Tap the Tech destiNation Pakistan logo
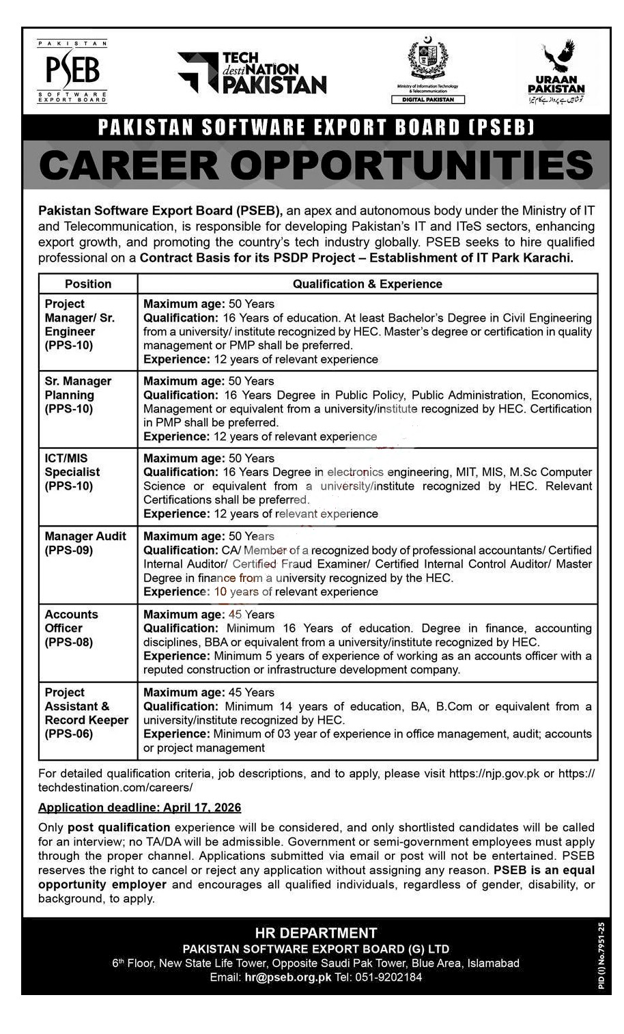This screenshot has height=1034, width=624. tap(252, 73)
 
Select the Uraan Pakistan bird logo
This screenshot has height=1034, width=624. tap(556, 70)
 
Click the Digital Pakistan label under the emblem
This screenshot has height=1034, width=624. tap(428, 100)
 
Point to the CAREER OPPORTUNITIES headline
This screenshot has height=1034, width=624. tap(315, 165)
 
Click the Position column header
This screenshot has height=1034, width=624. tap(88, 284)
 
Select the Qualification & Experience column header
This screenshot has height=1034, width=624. tap(367, 284)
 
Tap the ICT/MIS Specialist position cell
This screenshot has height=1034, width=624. tap(72, 472)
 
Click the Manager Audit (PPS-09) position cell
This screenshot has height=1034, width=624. tap(85, 543)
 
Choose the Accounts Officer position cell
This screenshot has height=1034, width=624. tap(71, 628)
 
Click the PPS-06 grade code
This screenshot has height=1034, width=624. tap(68, 734)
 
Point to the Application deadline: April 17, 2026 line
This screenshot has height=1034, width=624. tap(139, 807)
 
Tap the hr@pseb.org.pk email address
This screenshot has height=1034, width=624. tap(287, 977)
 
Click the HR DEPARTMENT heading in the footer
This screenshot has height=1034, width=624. tap(315, 933)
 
